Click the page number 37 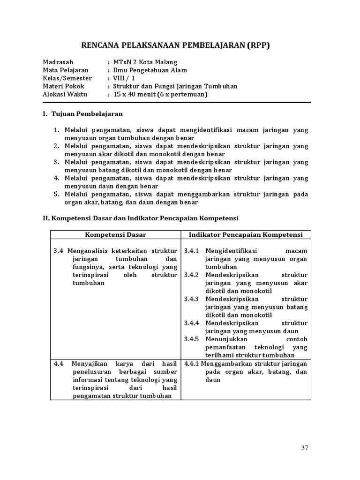(305, 448)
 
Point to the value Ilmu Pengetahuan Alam (150, 70)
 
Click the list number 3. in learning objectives (56, 162)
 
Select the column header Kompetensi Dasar (115, 235)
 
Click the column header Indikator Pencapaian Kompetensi (246, 235)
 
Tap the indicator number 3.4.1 (192, 251)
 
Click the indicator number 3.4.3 (192, 299)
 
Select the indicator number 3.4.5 (192, 339)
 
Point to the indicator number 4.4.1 (192, 364)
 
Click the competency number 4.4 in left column (59, 364)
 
